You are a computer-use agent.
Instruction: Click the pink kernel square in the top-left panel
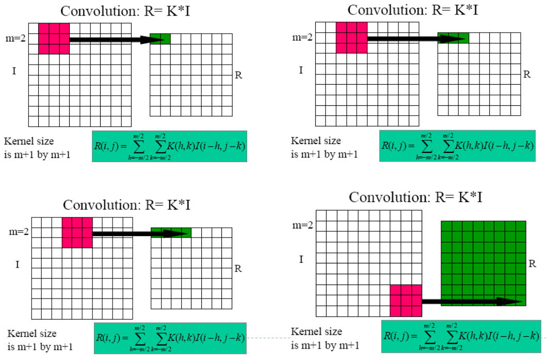[x=54, y=38]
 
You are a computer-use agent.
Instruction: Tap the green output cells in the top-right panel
[x=453, y=38]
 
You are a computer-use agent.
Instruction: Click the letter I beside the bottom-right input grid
[x=301, y=259]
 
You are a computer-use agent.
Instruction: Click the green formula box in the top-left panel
[x=169, y=146]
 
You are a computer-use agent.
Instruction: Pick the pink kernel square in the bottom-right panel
[x=406, y=300]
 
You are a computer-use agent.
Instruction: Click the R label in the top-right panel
[x=527, y=74]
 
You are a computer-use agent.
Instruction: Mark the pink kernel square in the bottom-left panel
[x=77, y=232]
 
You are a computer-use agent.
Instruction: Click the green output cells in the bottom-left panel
[x=171, y=233]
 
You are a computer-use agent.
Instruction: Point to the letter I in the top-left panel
[x=13, y=71]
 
